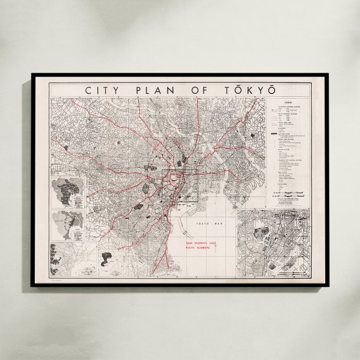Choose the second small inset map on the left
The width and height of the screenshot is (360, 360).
pos(68,224)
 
